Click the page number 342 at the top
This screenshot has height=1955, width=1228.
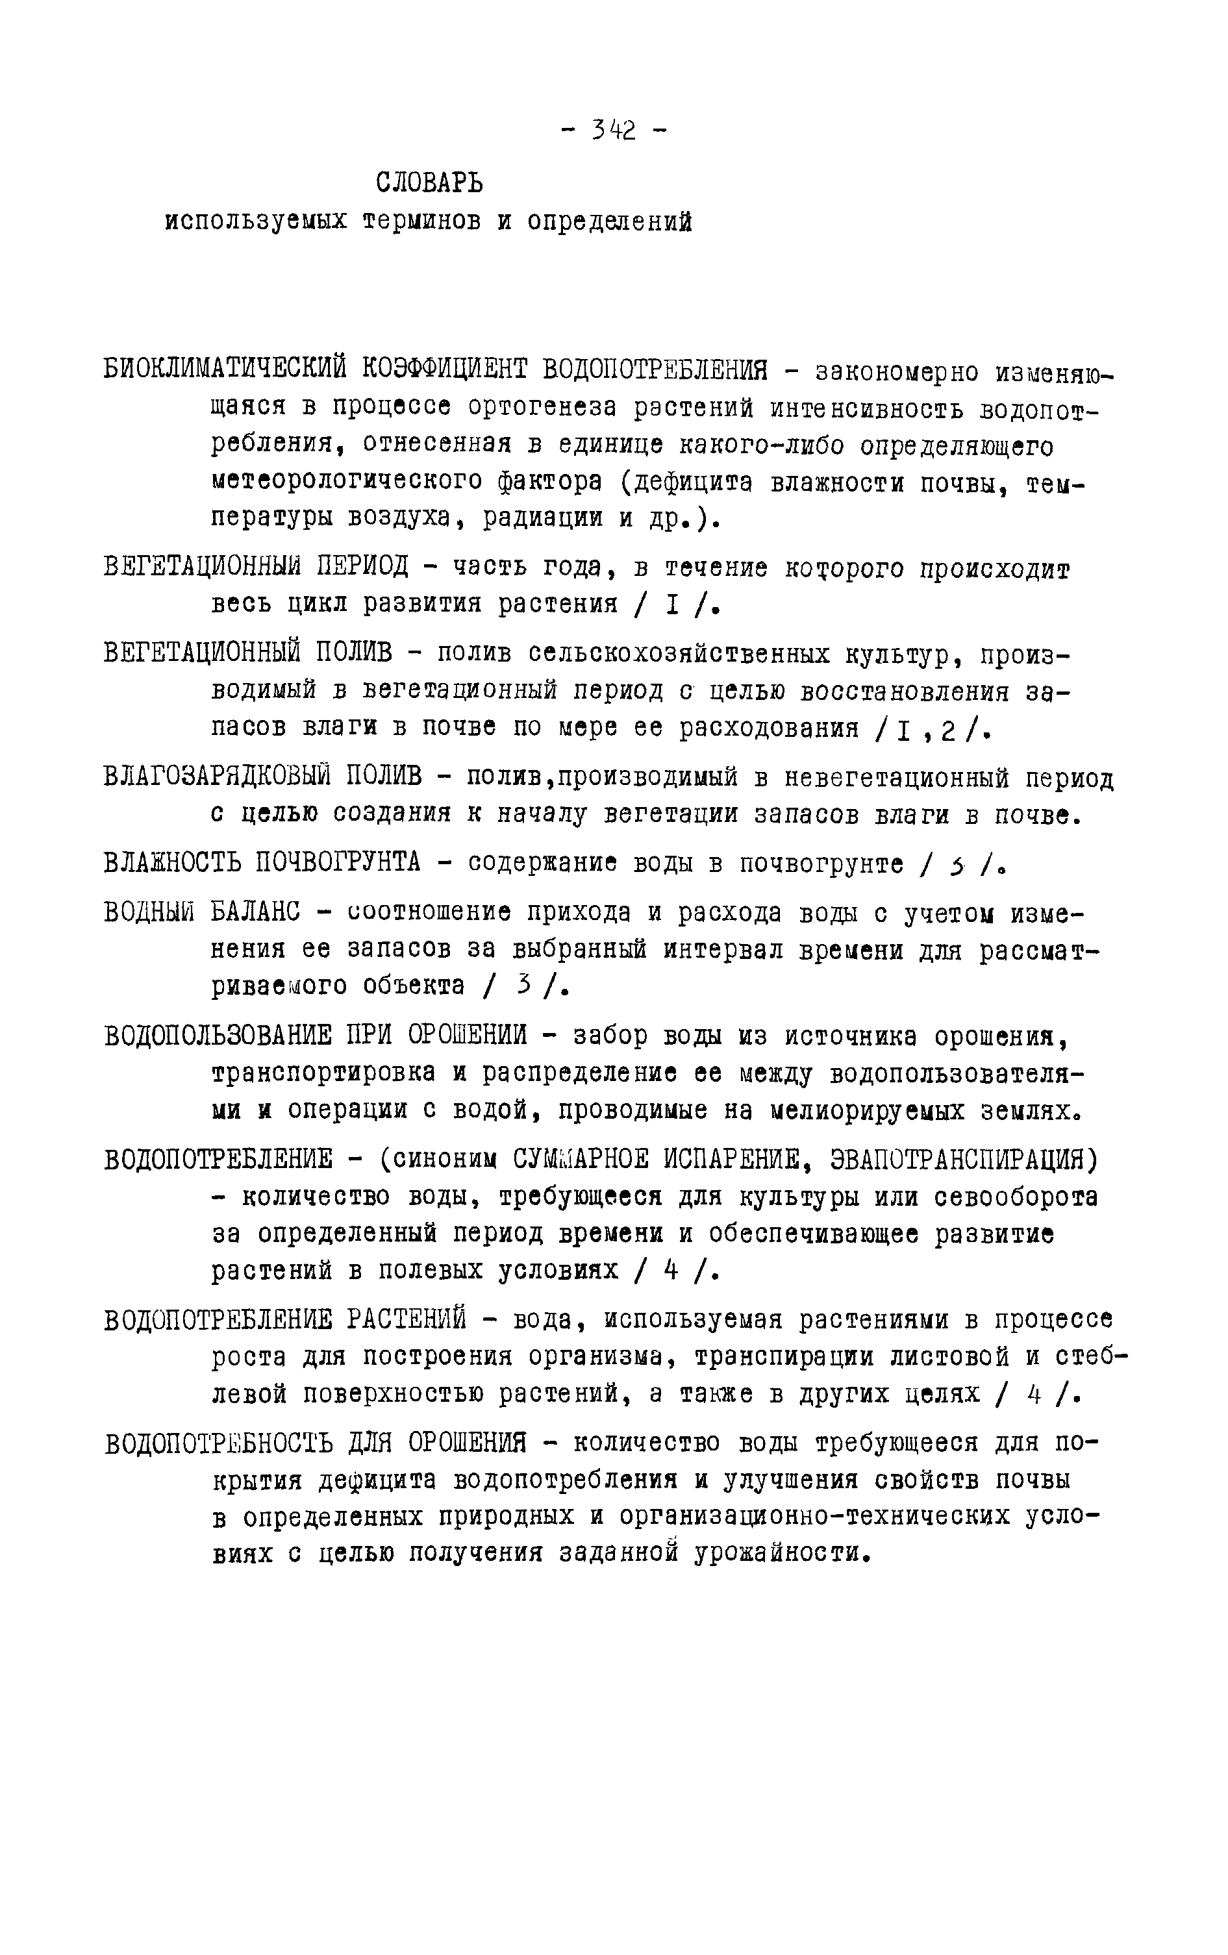[614, 130]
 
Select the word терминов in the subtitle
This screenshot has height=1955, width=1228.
[421, 221]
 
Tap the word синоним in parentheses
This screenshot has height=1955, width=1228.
[447, 1160]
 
